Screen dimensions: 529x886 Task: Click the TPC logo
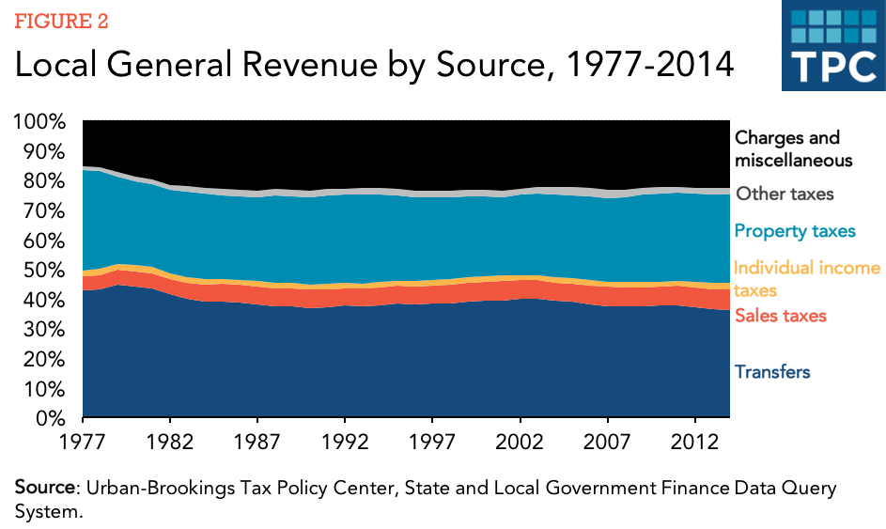832,47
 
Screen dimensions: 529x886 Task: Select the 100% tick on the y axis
39,122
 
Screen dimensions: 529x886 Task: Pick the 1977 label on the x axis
84,440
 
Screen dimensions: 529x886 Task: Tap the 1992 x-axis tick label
344,440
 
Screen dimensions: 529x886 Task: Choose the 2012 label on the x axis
693,440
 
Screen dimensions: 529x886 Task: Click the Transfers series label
771,372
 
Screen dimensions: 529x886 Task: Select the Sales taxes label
780,316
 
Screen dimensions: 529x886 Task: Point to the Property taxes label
795,231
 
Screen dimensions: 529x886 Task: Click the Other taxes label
784,194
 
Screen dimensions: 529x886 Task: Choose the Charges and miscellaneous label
793,148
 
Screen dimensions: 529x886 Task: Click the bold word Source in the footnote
45,489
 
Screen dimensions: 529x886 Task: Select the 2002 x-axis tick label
519,440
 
